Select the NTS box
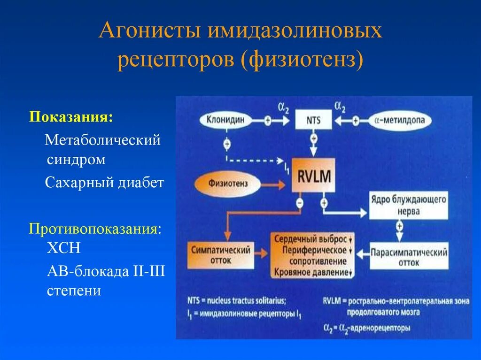313,121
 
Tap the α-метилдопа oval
400,121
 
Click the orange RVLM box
313,176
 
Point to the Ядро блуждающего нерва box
408,206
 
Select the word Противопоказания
94,230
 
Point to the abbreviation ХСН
63,247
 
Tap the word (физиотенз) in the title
303,61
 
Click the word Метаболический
102,140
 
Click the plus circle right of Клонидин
268,121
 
